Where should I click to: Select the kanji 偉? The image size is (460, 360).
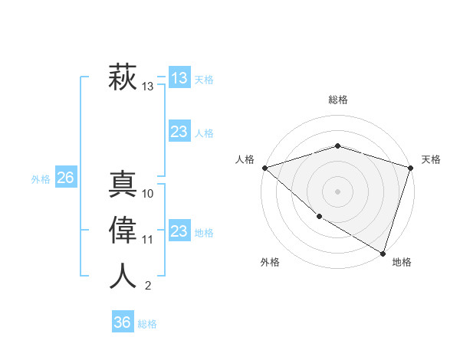click(123, 230)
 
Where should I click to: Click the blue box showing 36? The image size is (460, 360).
click(123, 322)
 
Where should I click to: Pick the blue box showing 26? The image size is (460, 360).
click(65, 178)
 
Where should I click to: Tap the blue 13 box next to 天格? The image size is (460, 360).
click(179, 78)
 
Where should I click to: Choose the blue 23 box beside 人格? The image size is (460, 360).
click(179, 132)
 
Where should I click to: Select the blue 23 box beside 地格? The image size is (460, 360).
click(179, 231)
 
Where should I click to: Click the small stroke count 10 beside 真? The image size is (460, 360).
click(148, 194)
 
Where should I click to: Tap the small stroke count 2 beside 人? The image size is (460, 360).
click(148, 286)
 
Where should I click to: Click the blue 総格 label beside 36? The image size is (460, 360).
click(147, 324)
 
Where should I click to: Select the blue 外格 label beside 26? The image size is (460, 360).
click(41, 179)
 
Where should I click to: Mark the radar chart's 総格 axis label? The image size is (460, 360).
click(338, 100)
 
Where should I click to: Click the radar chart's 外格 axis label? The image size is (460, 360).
click(270, 262)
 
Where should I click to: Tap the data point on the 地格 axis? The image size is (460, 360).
click(383, 252)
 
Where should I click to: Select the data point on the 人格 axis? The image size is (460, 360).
click(264, 168)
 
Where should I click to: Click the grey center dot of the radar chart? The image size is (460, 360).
click(338, 191)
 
